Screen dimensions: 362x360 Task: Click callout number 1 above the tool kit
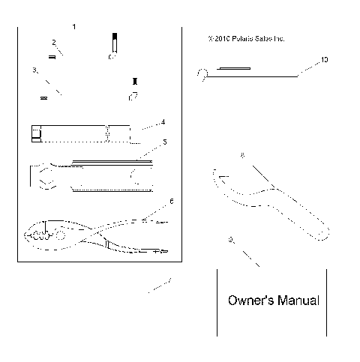[73, 27]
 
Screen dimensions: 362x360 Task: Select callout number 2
[54, 42]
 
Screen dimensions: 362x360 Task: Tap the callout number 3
[34, 70]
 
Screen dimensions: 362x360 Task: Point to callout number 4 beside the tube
[163, 121]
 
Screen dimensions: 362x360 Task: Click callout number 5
[164, 142]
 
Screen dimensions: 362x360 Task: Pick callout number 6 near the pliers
[171, 201]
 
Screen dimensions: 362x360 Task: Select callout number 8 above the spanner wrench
[241, 155]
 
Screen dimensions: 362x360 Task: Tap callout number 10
[324, 58]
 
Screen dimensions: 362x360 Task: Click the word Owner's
[250, 301]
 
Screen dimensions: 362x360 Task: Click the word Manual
[297, 301]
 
